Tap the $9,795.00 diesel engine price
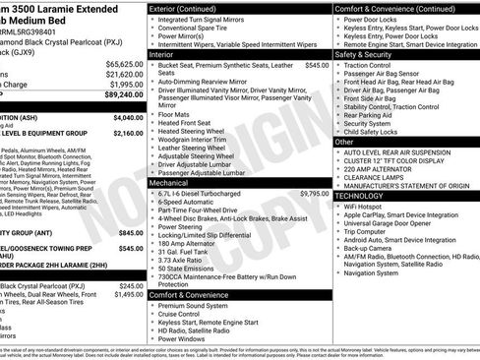[313, 167]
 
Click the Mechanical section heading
[174, 182]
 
